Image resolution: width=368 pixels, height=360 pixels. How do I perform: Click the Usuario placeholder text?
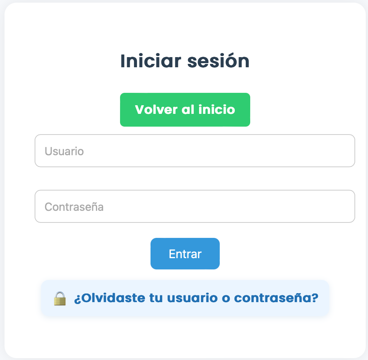[64, 151]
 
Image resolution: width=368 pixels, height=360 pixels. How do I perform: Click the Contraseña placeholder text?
[74, 207]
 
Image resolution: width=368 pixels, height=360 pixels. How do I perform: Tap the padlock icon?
[60, 298]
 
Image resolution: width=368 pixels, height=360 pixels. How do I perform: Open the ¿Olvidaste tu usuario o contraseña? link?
[196, 298]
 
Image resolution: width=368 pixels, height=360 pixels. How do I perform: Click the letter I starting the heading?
[122, 61]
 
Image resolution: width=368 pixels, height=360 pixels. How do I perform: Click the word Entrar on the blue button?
[185, 254]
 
